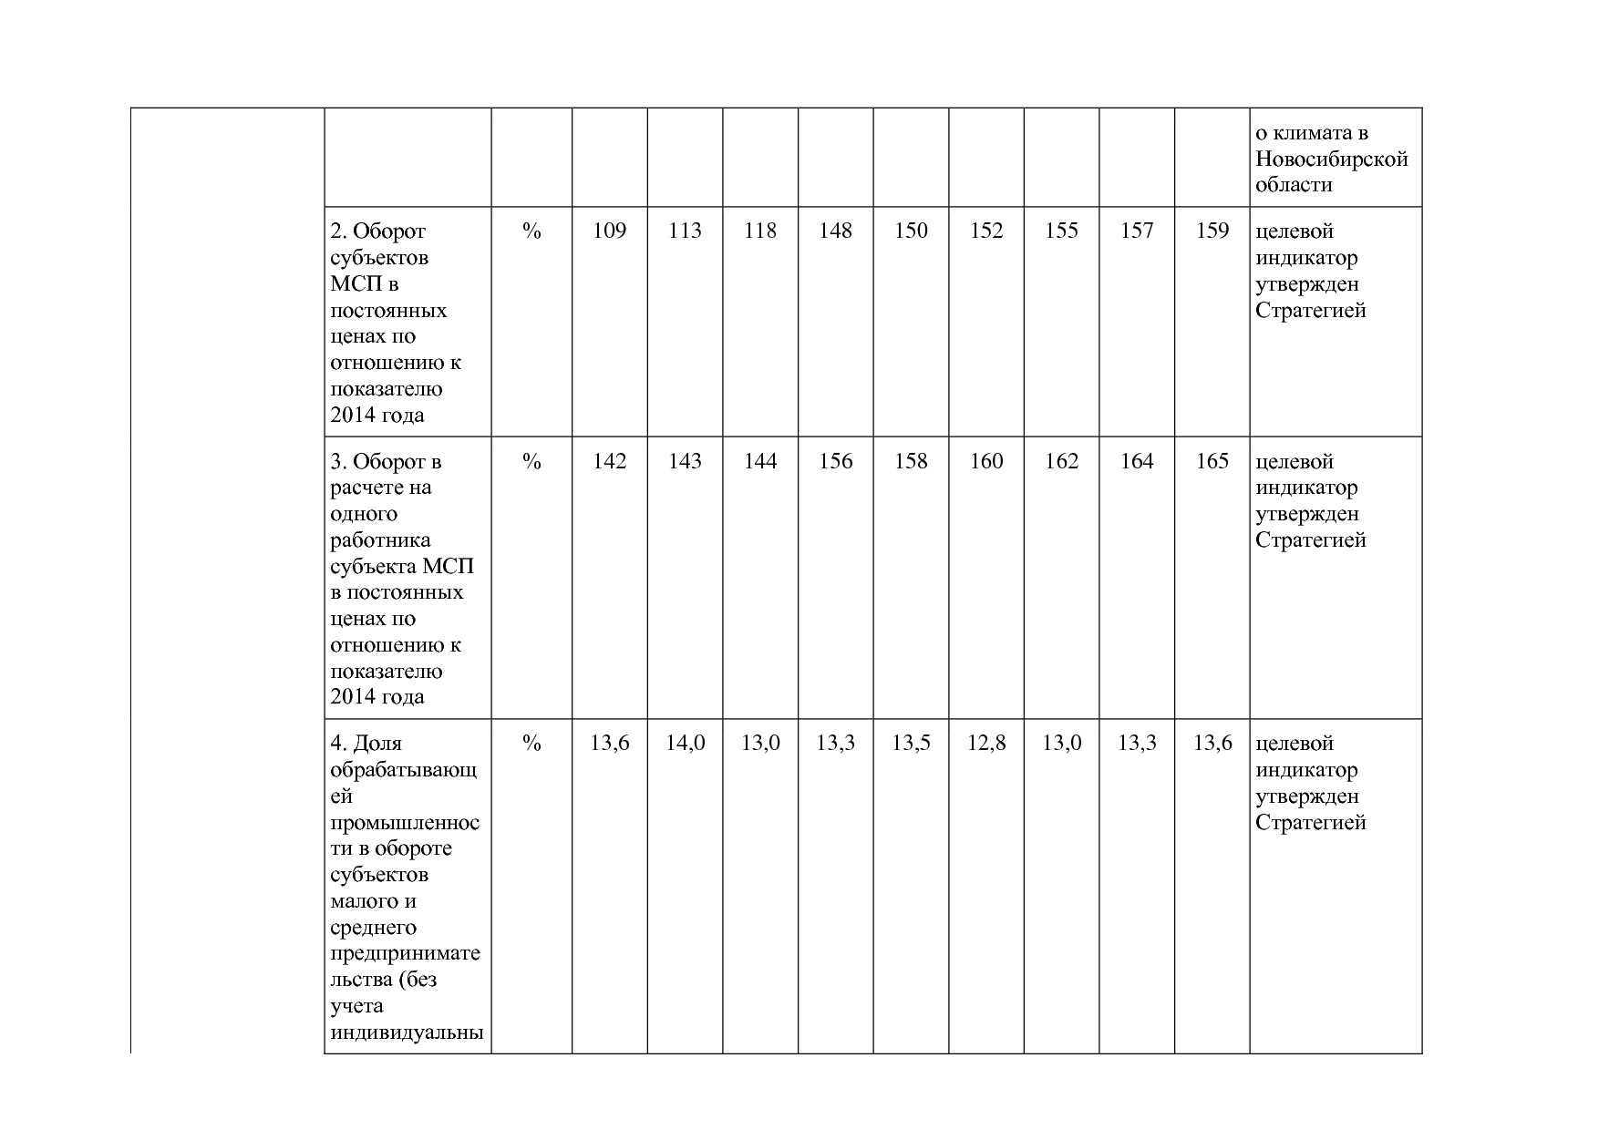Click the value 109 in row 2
pos(609,231)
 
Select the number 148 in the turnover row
pos(835,231)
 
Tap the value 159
pos(1212,231)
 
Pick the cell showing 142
pos(609,462)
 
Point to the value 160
pos(985,462)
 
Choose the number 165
pos(1212,462)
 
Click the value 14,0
pos(685,744)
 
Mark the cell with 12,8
pos(985,744)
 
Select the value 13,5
pos(911,744)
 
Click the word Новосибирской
pos(1331,159)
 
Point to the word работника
pos(380,540)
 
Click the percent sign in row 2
pos(531,231)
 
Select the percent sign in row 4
pos(531,744)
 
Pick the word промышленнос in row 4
pos(405,823)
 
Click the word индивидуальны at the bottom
pos(406,1033)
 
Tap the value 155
pos(1061,231)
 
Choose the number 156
pos(835,462)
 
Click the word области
pos(1294,185)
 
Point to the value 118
pos(759,231)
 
